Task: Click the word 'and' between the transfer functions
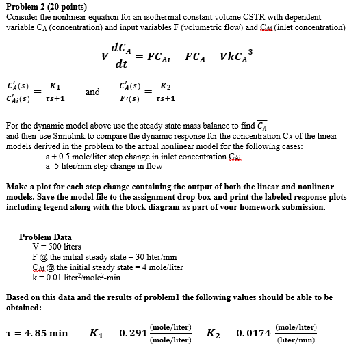pyautogui.click(x=92, y=91)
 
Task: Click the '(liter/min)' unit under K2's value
pyautogui.click(x=296, y=339)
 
